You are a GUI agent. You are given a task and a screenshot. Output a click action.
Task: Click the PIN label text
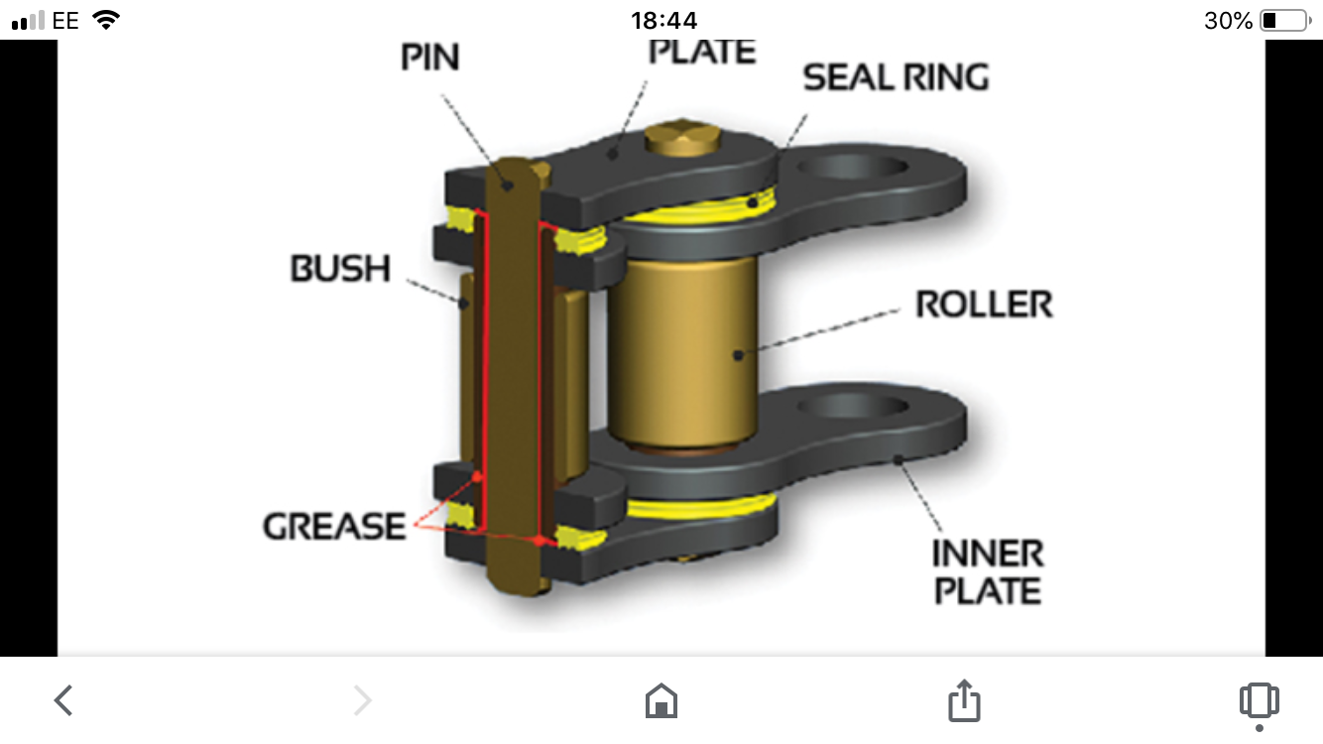(430, 58)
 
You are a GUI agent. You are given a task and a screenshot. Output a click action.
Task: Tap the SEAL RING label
(896, 77)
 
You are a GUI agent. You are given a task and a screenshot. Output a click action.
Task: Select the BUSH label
(340, 269)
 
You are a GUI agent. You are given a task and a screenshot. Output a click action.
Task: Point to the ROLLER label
(984, 305)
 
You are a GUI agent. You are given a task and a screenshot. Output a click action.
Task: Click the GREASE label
(334, 526)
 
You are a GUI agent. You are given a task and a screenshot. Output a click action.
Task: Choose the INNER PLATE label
(988, 571)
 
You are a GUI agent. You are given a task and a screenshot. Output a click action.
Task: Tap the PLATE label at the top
(702, 52)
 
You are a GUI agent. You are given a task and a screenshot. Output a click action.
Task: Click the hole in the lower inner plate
(853, 407)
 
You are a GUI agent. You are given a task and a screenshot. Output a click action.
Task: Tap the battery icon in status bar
(1284, 20)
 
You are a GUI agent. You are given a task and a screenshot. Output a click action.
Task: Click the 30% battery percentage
(1228, 20)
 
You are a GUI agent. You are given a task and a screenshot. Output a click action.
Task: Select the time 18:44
(663, 20)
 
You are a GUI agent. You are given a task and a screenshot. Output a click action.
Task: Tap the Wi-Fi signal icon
(105, 19)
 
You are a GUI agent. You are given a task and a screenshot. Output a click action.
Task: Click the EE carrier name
(65, 20)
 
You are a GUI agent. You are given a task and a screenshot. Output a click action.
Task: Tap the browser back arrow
(63, 701)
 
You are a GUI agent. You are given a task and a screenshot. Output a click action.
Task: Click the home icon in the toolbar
(661, 701)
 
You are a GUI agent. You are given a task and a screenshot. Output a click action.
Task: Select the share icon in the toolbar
(963, 700)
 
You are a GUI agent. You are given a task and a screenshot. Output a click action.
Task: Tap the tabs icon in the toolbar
(1259, 701)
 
